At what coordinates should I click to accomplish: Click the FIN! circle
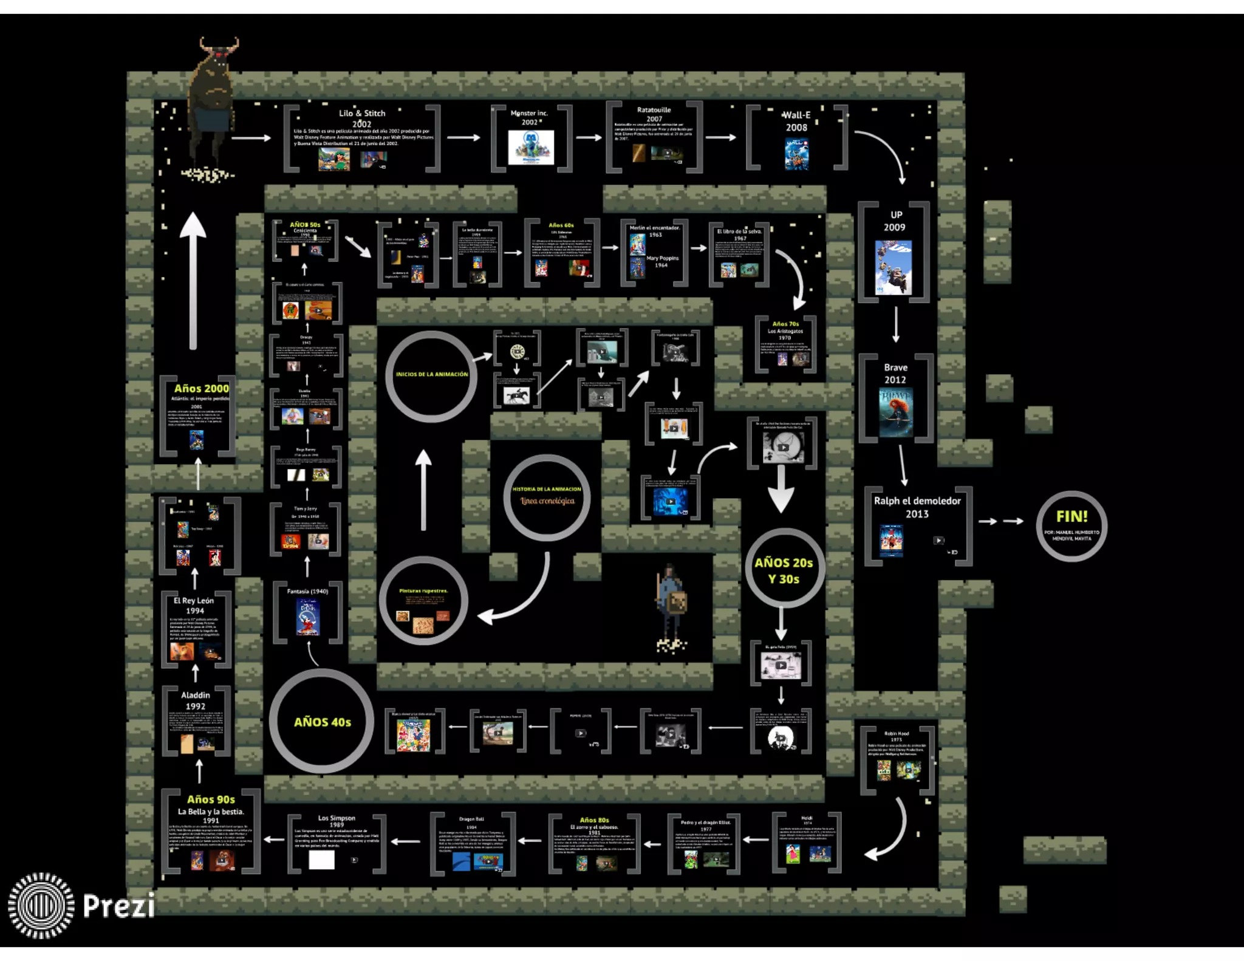coord(1071,526)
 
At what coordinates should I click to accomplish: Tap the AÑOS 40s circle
coord(321,721)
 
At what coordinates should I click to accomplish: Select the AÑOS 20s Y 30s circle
coord(784,569)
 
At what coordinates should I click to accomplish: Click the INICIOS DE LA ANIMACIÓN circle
coord(431,376)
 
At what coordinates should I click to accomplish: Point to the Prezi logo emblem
coord(41,905)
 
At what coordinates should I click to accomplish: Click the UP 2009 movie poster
coord(893,267)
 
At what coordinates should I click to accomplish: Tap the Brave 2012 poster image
coord(895,412)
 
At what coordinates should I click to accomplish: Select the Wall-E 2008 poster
coord(796,154)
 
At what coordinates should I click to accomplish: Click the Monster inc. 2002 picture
coord(531,146)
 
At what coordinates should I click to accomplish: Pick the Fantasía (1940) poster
coord(307,617)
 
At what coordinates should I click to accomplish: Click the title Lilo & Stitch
coord(362,113)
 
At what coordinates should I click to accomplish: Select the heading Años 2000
coord(201,388)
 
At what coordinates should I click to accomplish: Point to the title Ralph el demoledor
coord(917,501)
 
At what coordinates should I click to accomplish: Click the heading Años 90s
coord(211,799)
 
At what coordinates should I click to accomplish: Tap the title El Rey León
coord(194,600)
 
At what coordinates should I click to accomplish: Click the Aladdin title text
coord(196,695)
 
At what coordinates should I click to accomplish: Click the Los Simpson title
coord(337,818)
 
